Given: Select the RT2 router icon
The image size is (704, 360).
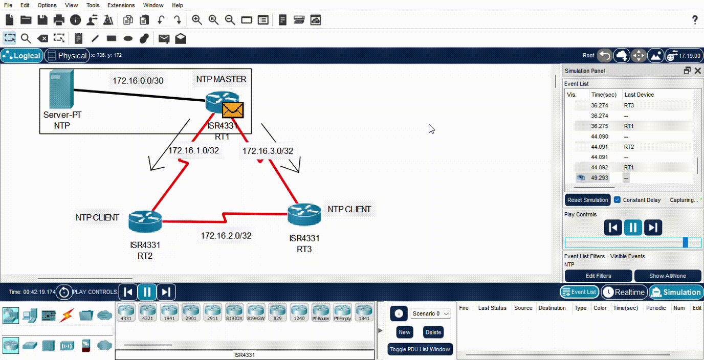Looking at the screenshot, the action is click(145, 220).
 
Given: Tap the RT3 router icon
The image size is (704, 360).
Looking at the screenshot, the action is click(304, 214).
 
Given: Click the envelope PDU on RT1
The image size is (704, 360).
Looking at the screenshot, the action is click(233, 110).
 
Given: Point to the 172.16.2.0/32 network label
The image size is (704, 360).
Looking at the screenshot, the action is click(226, 236).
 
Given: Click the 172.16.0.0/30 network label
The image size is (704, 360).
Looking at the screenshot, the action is click(138, 80).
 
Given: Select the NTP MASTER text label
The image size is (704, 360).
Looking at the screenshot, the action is click(221, 79).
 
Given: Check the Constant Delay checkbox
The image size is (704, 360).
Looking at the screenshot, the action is click(618, 200).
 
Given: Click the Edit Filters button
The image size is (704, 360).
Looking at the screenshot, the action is click(598, 276).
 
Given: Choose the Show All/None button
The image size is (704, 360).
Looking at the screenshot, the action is click(667, 276).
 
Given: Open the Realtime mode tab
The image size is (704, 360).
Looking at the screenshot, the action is click(623, 292).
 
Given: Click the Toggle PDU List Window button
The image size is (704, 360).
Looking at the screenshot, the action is click(420, 349).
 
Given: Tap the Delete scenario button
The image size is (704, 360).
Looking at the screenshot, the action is click(433, 332).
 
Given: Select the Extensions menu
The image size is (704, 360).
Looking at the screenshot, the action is click(121, 5).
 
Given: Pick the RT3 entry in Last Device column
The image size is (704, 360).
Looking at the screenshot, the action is click(629, 105).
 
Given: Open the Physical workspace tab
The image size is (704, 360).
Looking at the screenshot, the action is click(67, 56).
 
